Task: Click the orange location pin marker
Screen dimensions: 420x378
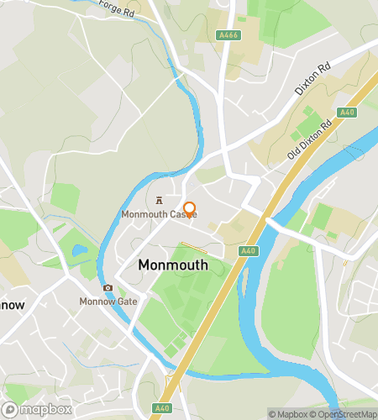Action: coord(189,210)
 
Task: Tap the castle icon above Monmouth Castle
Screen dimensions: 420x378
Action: coord(159,201)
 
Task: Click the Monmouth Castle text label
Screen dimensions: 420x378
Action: coord(159,215)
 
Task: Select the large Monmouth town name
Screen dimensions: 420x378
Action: coord(172,265)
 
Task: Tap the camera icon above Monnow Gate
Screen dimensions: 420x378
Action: coord(108,288)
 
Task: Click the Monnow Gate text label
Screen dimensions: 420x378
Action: coord(108,302)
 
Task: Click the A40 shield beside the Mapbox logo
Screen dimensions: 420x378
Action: coord(161,408)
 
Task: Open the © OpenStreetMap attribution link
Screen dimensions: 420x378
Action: coord(344,413)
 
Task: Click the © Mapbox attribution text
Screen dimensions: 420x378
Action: coord(288,413)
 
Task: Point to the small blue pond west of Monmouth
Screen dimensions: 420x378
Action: coord(80,250)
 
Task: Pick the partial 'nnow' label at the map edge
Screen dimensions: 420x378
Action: coord(12,306)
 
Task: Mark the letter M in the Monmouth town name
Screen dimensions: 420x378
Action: coord(145,265)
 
